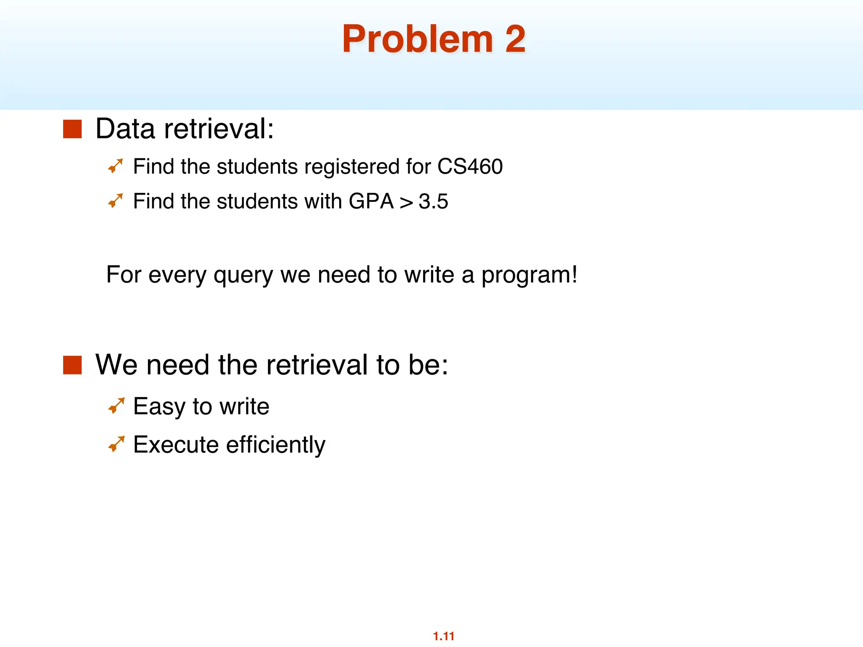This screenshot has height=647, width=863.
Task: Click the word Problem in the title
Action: coord(417,39)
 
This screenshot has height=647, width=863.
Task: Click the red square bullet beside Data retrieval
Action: coord(72,129)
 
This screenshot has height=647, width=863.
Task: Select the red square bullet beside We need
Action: coord(72,365)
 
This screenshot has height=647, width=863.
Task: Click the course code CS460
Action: coord(470,166)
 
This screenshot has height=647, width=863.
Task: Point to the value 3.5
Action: coord(433,201)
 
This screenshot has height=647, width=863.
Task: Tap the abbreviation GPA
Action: coord(371,201)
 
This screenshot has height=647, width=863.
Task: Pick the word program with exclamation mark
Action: coord(529,275)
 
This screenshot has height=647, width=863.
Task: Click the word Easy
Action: coord(159,407)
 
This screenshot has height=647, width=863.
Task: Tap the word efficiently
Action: coord(276,445)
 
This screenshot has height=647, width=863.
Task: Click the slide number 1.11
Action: coord(443,636)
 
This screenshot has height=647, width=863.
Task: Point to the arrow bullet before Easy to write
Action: coord(116,406)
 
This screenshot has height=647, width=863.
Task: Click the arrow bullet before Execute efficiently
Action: coord(116,444)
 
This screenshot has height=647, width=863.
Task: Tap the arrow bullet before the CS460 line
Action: coord(115,166)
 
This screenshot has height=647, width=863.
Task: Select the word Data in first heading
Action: coord(125,129)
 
